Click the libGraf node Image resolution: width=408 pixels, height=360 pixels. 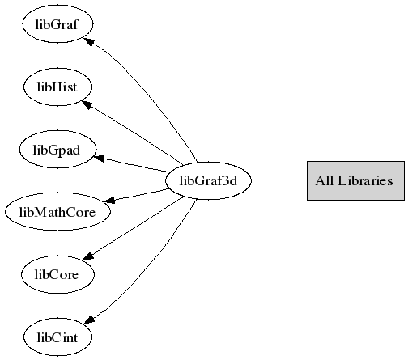tap(57, 24)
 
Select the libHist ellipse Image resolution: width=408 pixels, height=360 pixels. tap(57, 87)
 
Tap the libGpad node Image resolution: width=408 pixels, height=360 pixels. tap(57, 150)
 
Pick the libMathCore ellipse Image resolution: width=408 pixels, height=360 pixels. tap(57, 212)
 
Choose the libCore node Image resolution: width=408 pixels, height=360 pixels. tap(57, 274)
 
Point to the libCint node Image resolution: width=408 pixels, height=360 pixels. tap(57, 337)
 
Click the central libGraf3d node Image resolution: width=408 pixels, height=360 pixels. tap(208, 180)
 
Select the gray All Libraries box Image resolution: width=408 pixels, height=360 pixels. tap(355, 180)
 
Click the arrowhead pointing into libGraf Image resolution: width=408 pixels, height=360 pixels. tap(89, 42)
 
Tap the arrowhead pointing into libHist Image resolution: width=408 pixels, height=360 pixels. tap(87, 104)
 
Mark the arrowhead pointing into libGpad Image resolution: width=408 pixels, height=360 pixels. tap(99, 158)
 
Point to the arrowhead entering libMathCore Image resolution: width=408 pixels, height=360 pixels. tap(109, 200)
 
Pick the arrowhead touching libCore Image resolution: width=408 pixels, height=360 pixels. tap(88, 256)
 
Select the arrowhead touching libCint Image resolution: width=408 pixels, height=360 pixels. tap(90, 320)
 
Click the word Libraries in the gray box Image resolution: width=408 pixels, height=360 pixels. tap(365, 180)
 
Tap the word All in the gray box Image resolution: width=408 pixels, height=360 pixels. tap(325, 180)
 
